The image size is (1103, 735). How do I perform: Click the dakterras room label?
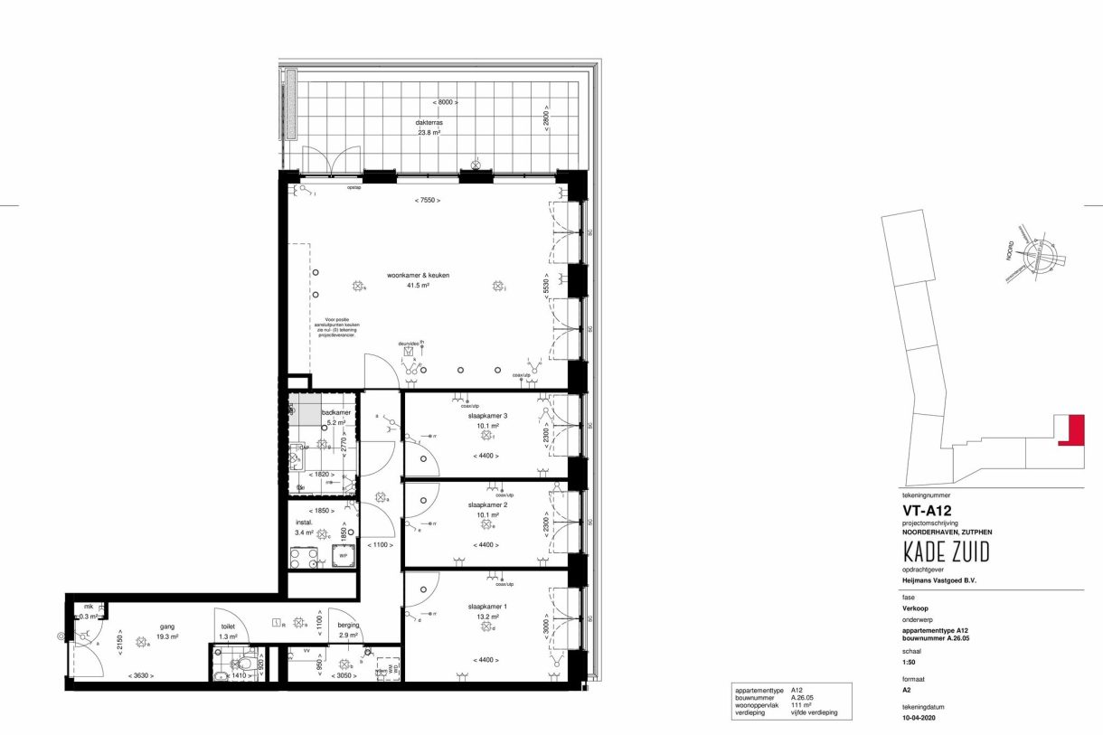tap(430, 122)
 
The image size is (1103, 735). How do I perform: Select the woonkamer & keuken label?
tap(418, 275)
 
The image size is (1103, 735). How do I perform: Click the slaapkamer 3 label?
tap(487, 416)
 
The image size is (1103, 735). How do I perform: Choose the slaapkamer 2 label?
tap(487, 504)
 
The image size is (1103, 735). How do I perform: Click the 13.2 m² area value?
tap(487, 617)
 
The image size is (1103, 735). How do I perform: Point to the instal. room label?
tap(304, 523)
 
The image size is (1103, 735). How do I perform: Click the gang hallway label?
tap(140, 626)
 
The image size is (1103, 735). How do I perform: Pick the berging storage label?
tap(348, 626)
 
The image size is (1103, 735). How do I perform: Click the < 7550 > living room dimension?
tap(428, 200)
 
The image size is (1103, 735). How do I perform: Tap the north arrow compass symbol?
tap(1039, 257)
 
